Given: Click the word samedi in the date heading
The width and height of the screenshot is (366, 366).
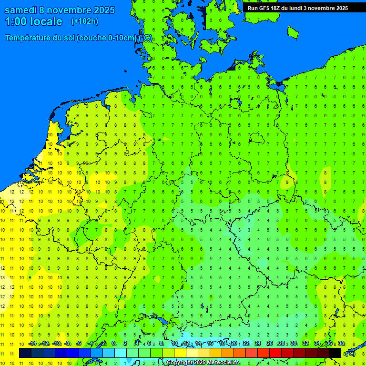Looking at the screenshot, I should [21, 10].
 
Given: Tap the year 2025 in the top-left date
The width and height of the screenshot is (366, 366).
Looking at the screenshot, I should [101, 10].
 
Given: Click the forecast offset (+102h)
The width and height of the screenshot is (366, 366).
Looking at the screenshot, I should [85, 21].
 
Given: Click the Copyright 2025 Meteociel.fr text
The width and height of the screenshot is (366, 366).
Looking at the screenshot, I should [203, 363].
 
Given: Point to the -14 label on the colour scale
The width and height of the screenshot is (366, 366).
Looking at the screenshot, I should [32, 343].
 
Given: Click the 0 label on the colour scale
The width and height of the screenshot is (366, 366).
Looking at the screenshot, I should [114, 343].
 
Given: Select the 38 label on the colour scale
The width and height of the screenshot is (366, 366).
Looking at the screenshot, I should [341, 343].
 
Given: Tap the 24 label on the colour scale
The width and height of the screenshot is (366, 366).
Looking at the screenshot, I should [258, 343].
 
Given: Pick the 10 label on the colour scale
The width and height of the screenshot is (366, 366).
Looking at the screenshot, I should [174, 343].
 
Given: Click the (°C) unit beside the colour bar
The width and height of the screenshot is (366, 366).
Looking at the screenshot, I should [350, 353].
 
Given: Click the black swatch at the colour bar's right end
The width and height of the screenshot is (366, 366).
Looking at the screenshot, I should [335, 353].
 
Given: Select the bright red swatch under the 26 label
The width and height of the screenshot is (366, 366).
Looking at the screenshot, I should [275, 353].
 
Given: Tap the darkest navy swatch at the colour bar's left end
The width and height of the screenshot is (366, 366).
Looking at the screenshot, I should [25, 353].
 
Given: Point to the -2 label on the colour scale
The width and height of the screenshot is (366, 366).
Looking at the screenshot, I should [102, 343].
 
